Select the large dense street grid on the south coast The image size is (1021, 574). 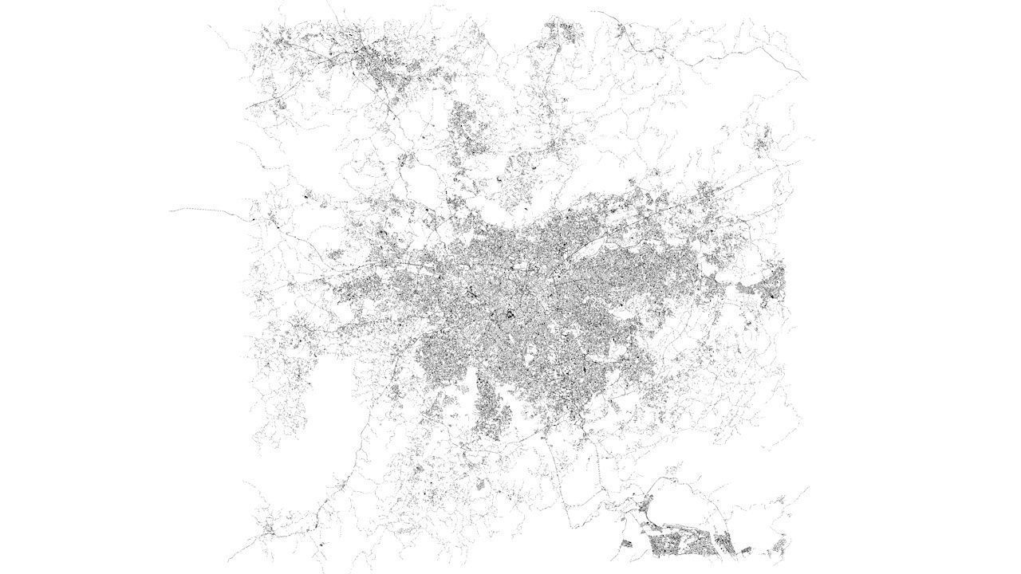tap(678, 545)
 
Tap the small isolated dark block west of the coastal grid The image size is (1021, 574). tap(626, 544)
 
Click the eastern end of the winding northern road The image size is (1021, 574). tap(802, 77)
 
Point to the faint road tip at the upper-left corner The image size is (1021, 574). tap(209, 26)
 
